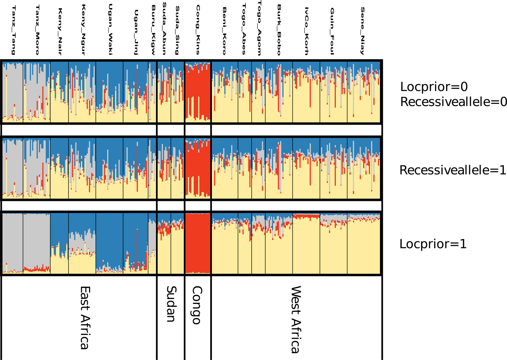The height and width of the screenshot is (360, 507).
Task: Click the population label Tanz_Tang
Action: click(13, 30)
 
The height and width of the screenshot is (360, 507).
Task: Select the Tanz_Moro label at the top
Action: click(37, 30)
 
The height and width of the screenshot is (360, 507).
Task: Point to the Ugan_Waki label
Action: click(110, 30)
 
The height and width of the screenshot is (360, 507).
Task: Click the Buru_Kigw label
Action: click(153, 30)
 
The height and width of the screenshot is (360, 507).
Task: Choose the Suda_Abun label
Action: click(164, 28)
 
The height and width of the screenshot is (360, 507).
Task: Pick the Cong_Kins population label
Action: click(198, 30)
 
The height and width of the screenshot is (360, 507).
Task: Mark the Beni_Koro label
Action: click(225, 31)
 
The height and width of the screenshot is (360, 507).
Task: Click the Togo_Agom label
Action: click(259, 28)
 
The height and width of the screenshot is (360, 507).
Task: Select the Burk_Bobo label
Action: click(279, 30)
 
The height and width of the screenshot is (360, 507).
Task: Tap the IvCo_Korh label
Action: click(306, 31)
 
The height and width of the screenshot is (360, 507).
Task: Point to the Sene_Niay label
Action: click(362, 31)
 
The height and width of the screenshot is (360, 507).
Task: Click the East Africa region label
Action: click(85, 318)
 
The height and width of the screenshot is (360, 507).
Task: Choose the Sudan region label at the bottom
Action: click(171, 304)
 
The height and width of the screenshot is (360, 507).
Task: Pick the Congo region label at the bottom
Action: click(197, 305)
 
